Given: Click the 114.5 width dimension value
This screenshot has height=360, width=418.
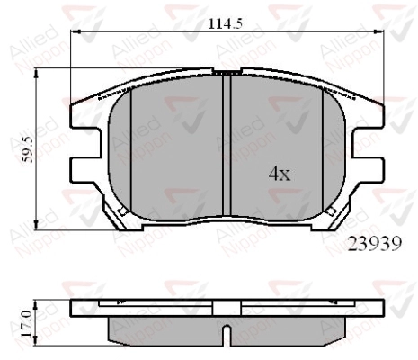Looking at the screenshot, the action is pyautogui.click(x=226, y=23).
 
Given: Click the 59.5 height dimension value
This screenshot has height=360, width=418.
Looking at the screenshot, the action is pyautogui.click(x=29, y=149).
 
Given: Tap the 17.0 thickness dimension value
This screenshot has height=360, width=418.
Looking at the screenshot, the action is pyautogui.click(x=27, y=324).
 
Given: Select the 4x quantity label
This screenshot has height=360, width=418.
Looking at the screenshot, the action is pyautogui.click(x=280, y=174).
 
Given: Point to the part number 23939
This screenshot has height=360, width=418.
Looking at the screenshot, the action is pyautogui.click(x=375, y=244).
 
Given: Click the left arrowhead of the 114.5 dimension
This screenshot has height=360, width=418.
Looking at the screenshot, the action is pyautogui.click(x=76, y=31).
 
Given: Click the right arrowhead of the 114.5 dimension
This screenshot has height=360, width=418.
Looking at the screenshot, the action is pyautogui.click(x=378, y=31).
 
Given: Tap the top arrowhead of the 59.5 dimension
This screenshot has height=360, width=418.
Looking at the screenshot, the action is pyautogui.click(x=36, y=74).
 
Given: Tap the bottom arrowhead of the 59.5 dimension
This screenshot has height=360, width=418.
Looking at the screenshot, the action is pyautogui.click(x=36, y=225).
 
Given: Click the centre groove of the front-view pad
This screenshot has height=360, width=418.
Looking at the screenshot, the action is pyautogui.click(x=227, y=146).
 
